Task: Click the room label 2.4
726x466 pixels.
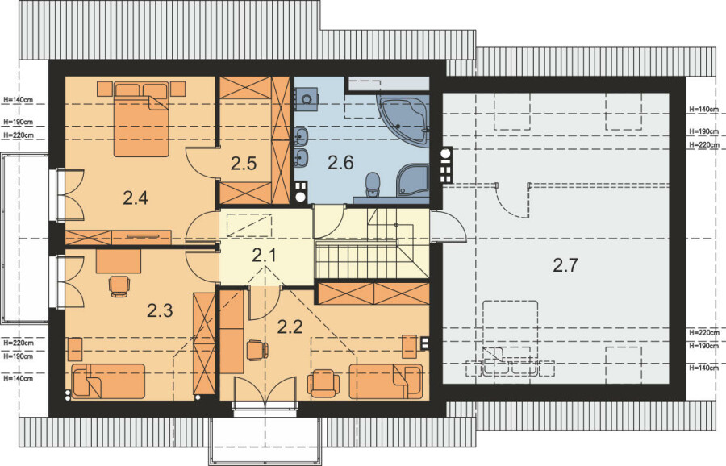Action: pos(136,198)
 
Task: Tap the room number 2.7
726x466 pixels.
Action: pos(565,265)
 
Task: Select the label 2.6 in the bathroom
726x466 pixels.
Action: pos(340,162)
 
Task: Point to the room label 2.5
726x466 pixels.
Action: pos(244,164)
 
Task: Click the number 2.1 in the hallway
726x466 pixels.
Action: pos(264,255)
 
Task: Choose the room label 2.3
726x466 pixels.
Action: pos(160,310)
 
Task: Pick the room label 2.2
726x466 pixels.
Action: pos(290,327)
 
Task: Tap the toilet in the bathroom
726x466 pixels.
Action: pos(372,184)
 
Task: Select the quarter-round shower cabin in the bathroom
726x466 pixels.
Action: pos(412,180)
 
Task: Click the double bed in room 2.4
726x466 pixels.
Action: pos(140,119)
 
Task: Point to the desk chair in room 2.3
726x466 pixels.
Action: pos(119,286)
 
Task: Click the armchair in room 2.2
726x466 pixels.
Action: pos(323,383)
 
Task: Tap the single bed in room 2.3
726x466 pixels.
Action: pos(108,381)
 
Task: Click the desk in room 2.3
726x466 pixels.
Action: pos(119,261)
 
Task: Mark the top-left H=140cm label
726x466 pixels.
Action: pos(18,99)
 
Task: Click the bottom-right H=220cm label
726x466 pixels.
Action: pos(703,332)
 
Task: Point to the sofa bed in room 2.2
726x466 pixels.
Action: pos(386,381)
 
